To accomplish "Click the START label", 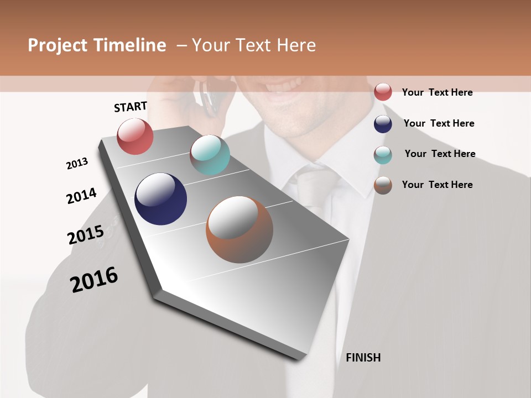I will (x=131, y=107).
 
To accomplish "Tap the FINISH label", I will (x=363, y=358).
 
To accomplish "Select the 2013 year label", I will (x=77, y=164).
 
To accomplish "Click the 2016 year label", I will (x=94, y=280).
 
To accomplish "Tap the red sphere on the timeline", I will (x=135, y=136).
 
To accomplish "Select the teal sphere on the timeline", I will (x=210, y=155).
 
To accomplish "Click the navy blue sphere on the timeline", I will (x=160, y=199).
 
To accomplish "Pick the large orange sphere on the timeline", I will (x=240, y=229).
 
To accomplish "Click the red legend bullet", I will (x=383, y=92).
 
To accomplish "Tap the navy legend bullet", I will (x=383, y=124).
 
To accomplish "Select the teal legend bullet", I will (x=383, y=155).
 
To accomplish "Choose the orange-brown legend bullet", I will (x=383, y=185).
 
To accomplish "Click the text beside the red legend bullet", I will (x=437, y=92).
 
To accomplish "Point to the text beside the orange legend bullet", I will (x=437, y=185).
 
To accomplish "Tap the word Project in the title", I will (x=58, y=45).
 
